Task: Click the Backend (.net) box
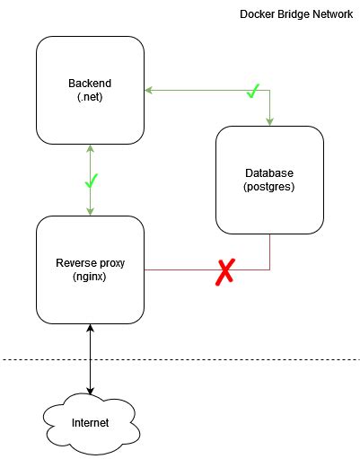[x=90, y=90]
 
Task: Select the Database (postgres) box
[x=269, y=180]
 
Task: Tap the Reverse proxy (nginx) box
[x=90, y=269]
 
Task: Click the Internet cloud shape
[x=90, y=421]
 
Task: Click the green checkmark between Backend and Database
[x=253, y=90]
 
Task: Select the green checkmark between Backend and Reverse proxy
[x=90, y=181]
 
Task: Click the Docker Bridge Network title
[x=295, y=15]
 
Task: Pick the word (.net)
[x=90, y=96]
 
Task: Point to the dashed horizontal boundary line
[x=224, y=360]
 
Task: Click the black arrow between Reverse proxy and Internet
[x=90, y=359]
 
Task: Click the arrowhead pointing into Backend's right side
[x=149, y=90]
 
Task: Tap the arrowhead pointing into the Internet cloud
[x=90, y=391]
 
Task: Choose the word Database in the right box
[x=269, y=172]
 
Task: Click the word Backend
[x=90, y=84]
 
